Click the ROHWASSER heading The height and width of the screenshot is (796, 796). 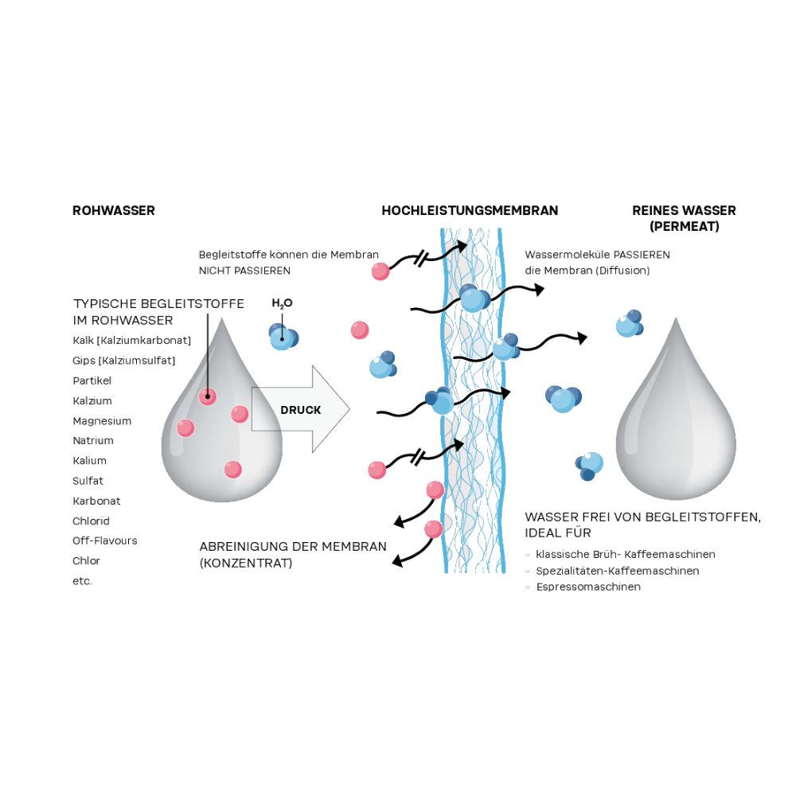(114, 211)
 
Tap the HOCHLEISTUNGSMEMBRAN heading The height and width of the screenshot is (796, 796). (470, 211)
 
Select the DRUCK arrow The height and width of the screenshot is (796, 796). (301, 410)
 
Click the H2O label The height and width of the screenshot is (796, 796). (283, 303)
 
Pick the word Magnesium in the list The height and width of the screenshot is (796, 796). (102, 421)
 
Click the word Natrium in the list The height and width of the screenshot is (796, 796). (93, 441)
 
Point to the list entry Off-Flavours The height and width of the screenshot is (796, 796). (105, 541)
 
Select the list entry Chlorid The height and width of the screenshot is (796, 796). (92, 521)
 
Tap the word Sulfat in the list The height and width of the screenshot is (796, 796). (88, 481)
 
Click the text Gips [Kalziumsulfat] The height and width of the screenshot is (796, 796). (124, 361)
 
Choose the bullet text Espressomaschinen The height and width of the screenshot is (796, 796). (588, 587)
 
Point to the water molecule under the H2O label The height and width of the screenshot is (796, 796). (283, 337)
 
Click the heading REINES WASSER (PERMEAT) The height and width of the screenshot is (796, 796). (684, 218)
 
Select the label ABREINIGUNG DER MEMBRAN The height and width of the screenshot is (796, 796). (293, 547)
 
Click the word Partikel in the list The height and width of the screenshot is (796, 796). (92, 381)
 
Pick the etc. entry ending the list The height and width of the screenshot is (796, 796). (83, 581)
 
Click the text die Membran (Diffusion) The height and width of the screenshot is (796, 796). (587, 271)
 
